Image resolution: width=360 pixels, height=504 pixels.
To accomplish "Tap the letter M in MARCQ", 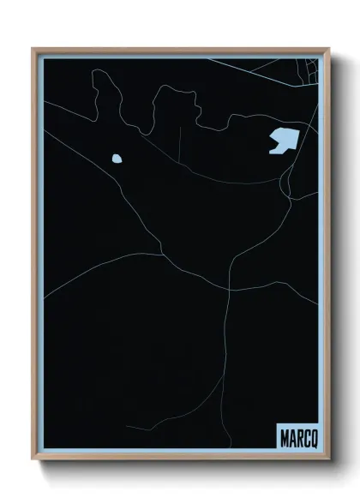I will (x=284, y=437).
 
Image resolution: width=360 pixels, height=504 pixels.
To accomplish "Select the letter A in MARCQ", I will (x=291, y=437).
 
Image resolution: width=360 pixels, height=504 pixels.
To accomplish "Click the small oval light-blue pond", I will (x=116, y=158).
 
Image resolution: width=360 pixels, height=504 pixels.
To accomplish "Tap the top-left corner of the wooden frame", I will (x=33, y=49).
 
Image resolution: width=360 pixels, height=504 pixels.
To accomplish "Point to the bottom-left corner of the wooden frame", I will (x=33, y=464).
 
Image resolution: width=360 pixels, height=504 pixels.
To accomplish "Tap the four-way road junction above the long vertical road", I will (x=229, y=291).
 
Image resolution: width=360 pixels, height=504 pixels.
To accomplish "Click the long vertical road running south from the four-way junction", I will (x=227, y=343).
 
